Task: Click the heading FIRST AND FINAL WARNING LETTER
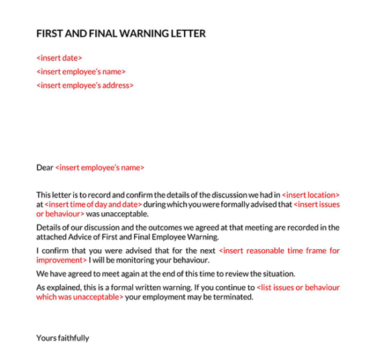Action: click(x=121, y=34)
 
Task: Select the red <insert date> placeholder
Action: click(x=59, y=58)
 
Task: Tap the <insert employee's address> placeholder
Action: click(x=85, y=85)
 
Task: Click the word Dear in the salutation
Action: click(x=44, y=168)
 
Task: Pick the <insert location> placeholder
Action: click(x=311, y=195)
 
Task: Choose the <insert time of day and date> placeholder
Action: click(x=93, y=204)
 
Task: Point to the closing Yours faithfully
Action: click(x=62, y=338)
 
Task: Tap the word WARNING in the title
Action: click(x=144, y=34)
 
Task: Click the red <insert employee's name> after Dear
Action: click(x=99, y=168)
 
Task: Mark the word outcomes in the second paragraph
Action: click(x=156, y=227)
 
